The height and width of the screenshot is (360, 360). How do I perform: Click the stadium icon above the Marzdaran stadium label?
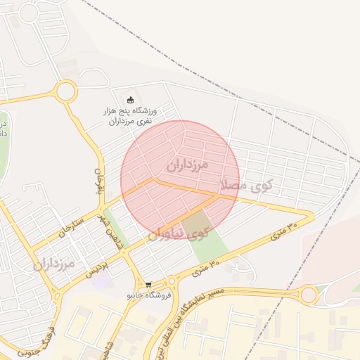(x=129, y=99)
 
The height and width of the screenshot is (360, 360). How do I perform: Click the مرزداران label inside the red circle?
(x=188, y=165)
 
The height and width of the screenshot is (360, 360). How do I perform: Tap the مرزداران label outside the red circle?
(x=53, y=264)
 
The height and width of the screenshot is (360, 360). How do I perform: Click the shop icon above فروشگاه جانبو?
(x=148, y=284)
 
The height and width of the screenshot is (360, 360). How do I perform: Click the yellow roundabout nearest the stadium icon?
(x=66, y=91)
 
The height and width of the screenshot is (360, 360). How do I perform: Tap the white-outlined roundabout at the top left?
(x=29, y=13)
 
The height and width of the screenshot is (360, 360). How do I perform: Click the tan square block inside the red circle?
(x=196, y=224)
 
